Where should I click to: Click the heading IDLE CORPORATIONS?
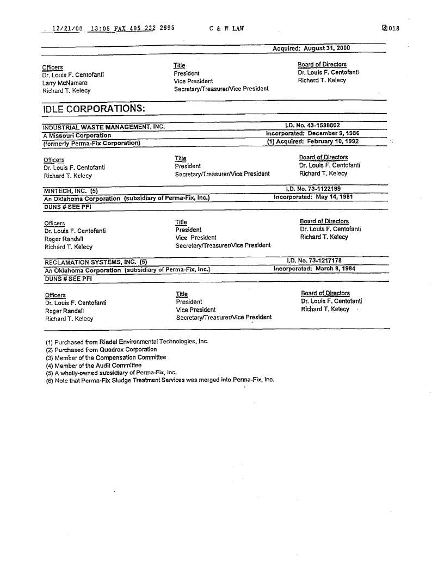tap(94, 108)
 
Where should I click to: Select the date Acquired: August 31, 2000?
tap(311, 48)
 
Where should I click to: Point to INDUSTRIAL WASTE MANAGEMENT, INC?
tap(103, 127)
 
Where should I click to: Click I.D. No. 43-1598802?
tap(313, 125)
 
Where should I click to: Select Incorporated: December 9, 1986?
tap(312, 133)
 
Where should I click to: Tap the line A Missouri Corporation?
tap(77, 135)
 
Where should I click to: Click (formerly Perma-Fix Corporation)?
tap(91, 143)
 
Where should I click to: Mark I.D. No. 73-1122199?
tap(313, 189)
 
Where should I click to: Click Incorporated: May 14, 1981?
tap(313, 197)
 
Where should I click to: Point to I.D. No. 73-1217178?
tap(314, 261)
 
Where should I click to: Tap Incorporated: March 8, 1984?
tap(313, 269)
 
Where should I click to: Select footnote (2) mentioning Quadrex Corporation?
tap(102, 349)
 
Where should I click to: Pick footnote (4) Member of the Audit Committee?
tap(94, 365)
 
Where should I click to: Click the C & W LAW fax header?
tap(226, 29)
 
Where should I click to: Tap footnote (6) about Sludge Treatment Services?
tap(160, 380)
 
